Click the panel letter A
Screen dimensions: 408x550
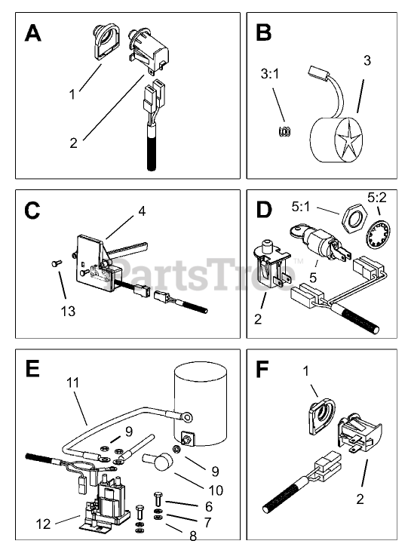pyautogui.click(x=33, y=34)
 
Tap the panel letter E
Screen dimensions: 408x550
pyautogui.click(x=32, y=369)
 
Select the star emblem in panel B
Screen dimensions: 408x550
pyautogui.click(x=348, y=140)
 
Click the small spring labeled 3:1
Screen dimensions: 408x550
pyautogui.click(x=284, y=131)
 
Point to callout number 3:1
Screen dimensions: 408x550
pyautogui.click(x=270, y=74)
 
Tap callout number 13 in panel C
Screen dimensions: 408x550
pyautogui.click(x=68, y=311)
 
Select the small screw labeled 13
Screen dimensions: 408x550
pyautogui.click(x=57, y=263)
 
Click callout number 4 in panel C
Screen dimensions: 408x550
pyautogui.click(x=142, y=211)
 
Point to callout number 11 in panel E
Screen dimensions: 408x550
pyautogui.click(x=73, y=383)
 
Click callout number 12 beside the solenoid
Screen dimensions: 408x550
pyautogui.click(x=44, y=524)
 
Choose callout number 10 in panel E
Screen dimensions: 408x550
pyautogui.click(x=216, y=490)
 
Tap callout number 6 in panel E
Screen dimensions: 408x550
pyautogui.click(x=209, y=506)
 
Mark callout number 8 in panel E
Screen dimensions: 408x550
pyautogui.click(x=193, y=536)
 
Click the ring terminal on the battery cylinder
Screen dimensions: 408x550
pyautogui.click(x=186, y=416)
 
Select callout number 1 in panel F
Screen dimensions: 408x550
pyautogui.click(x=306, y=370)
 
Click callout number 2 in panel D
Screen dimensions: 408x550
pyautogui.click(x=258, y=319)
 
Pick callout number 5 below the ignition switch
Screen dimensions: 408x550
pyautogui.click(x=313, y=278)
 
